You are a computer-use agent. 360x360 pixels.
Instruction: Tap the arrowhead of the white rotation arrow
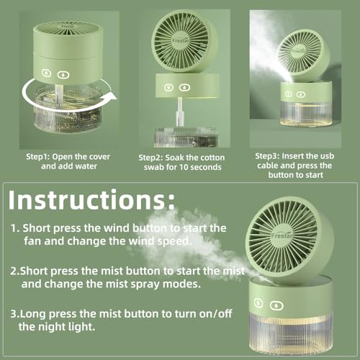(111, 96)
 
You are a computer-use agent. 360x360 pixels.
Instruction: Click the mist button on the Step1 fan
(63, 75)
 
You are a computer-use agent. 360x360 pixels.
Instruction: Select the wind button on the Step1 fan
(46, 73)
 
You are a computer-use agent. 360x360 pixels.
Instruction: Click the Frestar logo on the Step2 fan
(181, 40)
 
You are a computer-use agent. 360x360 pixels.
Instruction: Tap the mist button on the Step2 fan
(184, 87)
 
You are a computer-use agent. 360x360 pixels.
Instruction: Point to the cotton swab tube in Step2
(179, 112)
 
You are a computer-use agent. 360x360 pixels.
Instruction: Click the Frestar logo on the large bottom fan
(282, 235)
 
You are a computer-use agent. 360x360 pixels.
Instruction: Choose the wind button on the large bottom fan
(258, 303)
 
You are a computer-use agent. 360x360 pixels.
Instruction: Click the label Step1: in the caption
(37, 157)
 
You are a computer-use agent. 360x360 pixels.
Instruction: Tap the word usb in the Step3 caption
(327, 156)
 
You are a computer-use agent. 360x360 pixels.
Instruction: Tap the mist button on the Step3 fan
(300, 94)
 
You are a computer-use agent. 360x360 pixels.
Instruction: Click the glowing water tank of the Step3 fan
(306, 114)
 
